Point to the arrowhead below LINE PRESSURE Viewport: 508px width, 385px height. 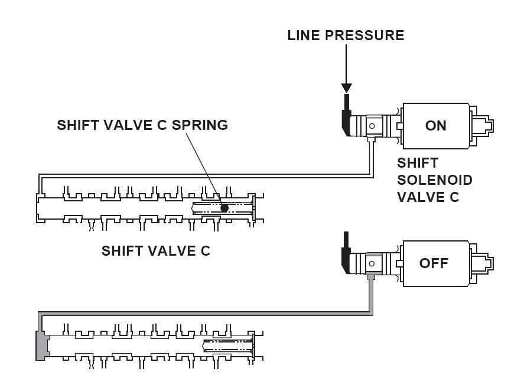pyautogui.click(x=347, y=87)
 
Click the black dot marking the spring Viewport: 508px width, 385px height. pyautogui.click(x=224, y=208)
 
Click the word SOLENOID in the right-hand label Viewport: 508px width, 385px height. pyautogui.click(x=435, y=180)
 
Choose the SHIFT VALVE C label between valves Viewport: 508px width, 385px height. pyautogui.click(x=156, y=250)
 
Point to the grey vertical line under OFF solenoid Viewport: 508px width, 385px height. pyautogui.click(x=371, y=295)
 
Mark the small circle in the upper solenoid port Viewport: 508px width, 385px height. pyautogui.click(x=372, y=125)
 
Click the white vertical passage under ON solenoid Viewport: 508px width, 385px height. pyautogui.click(x=372, y=156)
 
